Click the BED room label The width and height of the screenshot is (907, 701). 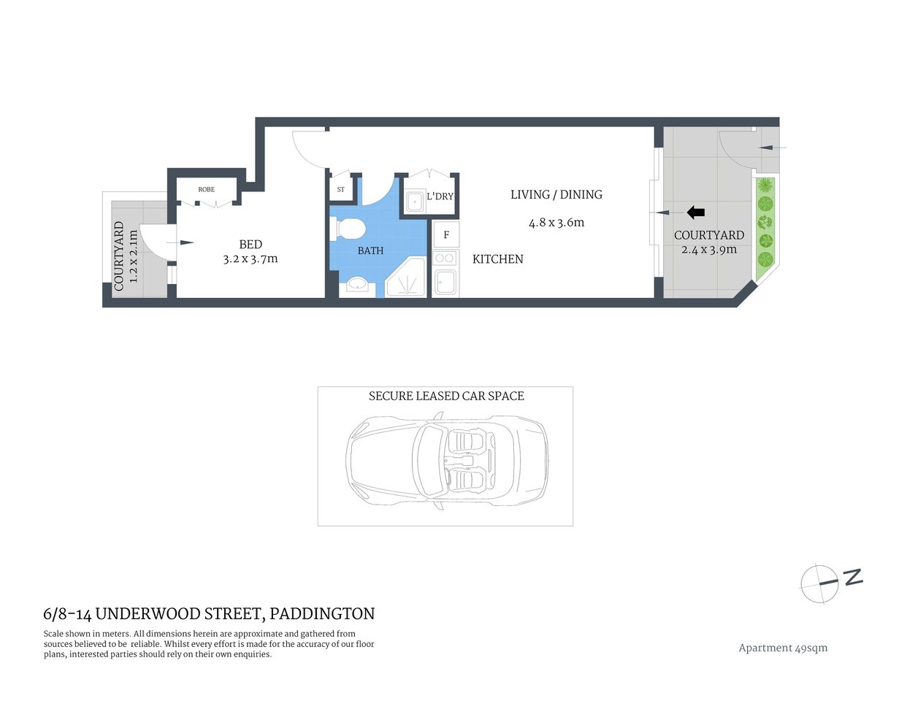point(250,245)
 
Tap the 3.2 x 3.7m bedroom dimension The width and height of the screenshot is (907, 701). point(250,258)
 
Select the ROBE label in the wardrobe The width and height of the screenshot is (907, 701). point(207,190)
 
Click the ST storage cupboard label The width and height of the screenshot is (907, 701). point(341,190)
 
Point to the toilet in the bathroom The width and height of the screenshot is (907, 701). point(348,229)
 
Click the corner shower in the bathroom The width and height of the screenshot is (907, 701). point(407,278)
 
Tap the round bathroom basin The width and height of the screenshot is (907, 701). point(358,284)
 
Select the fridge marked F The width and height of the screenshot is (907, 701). point(446,235)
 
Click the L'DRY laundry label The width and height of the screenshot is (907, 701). point(440,196)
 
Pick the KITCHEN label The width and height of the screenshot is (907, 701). point(497,259)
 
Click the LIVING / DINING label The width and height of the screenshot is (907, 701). point(556,194)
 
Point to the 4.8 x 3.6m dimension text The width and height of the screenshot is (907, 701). point(556,223)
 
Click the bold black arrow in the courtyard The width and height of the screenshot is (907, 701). point(696,212)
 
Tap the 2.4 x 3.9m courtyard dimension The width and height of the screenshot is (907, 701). point(709,250)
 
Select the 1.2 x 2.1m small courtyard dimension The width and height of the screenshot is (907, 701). point(133,256)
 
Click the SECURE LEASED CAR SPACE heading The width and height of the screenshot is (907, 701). point(446,396)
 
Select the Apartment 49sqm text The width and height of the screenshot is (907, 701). point(783,648)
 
